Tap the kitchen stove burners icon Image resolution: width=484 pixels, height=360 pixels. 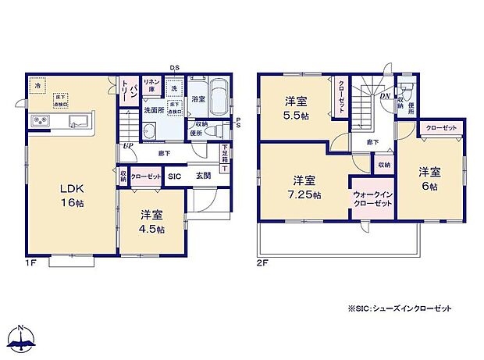click(39, 121)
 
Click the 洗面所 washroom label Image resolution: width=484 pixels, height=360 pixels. click(153, 112)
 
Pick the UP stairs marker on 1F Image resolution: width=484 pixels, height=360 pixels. click(126, 146)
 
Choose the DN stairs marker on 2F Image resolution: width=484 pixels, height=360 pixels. click(385, 96)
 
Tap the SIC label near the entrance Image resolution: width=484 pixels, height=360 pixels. click(173, 177)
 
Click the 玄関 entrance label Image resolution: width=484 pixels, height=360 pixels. click(204, 177)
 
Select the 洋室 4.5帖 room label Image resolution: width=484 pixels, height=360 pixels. click(152, 222)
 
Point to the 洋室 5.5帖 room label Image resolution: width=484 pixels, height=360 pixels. click(295, 107)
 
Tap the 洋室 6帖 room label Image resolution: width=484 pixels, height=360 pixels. click(429, 178)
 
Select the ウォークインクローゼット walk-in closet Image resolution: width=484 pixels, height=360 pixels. click(372, 199)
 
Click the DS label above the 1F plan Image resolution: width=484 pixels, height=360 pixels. click(176, 68)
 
